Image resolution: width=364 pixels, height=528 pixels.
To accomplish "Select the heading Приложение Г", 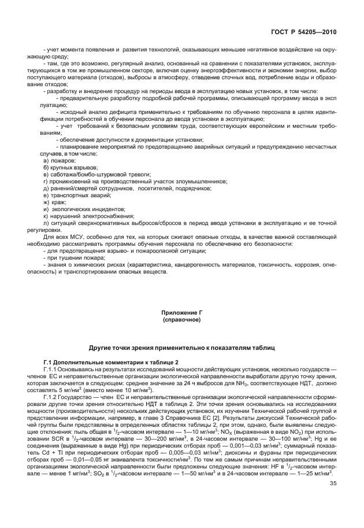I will [x=181, y=313].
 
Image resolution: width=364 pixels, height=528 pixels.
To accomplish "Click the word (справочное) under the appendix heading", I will [x=181, y=319].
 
